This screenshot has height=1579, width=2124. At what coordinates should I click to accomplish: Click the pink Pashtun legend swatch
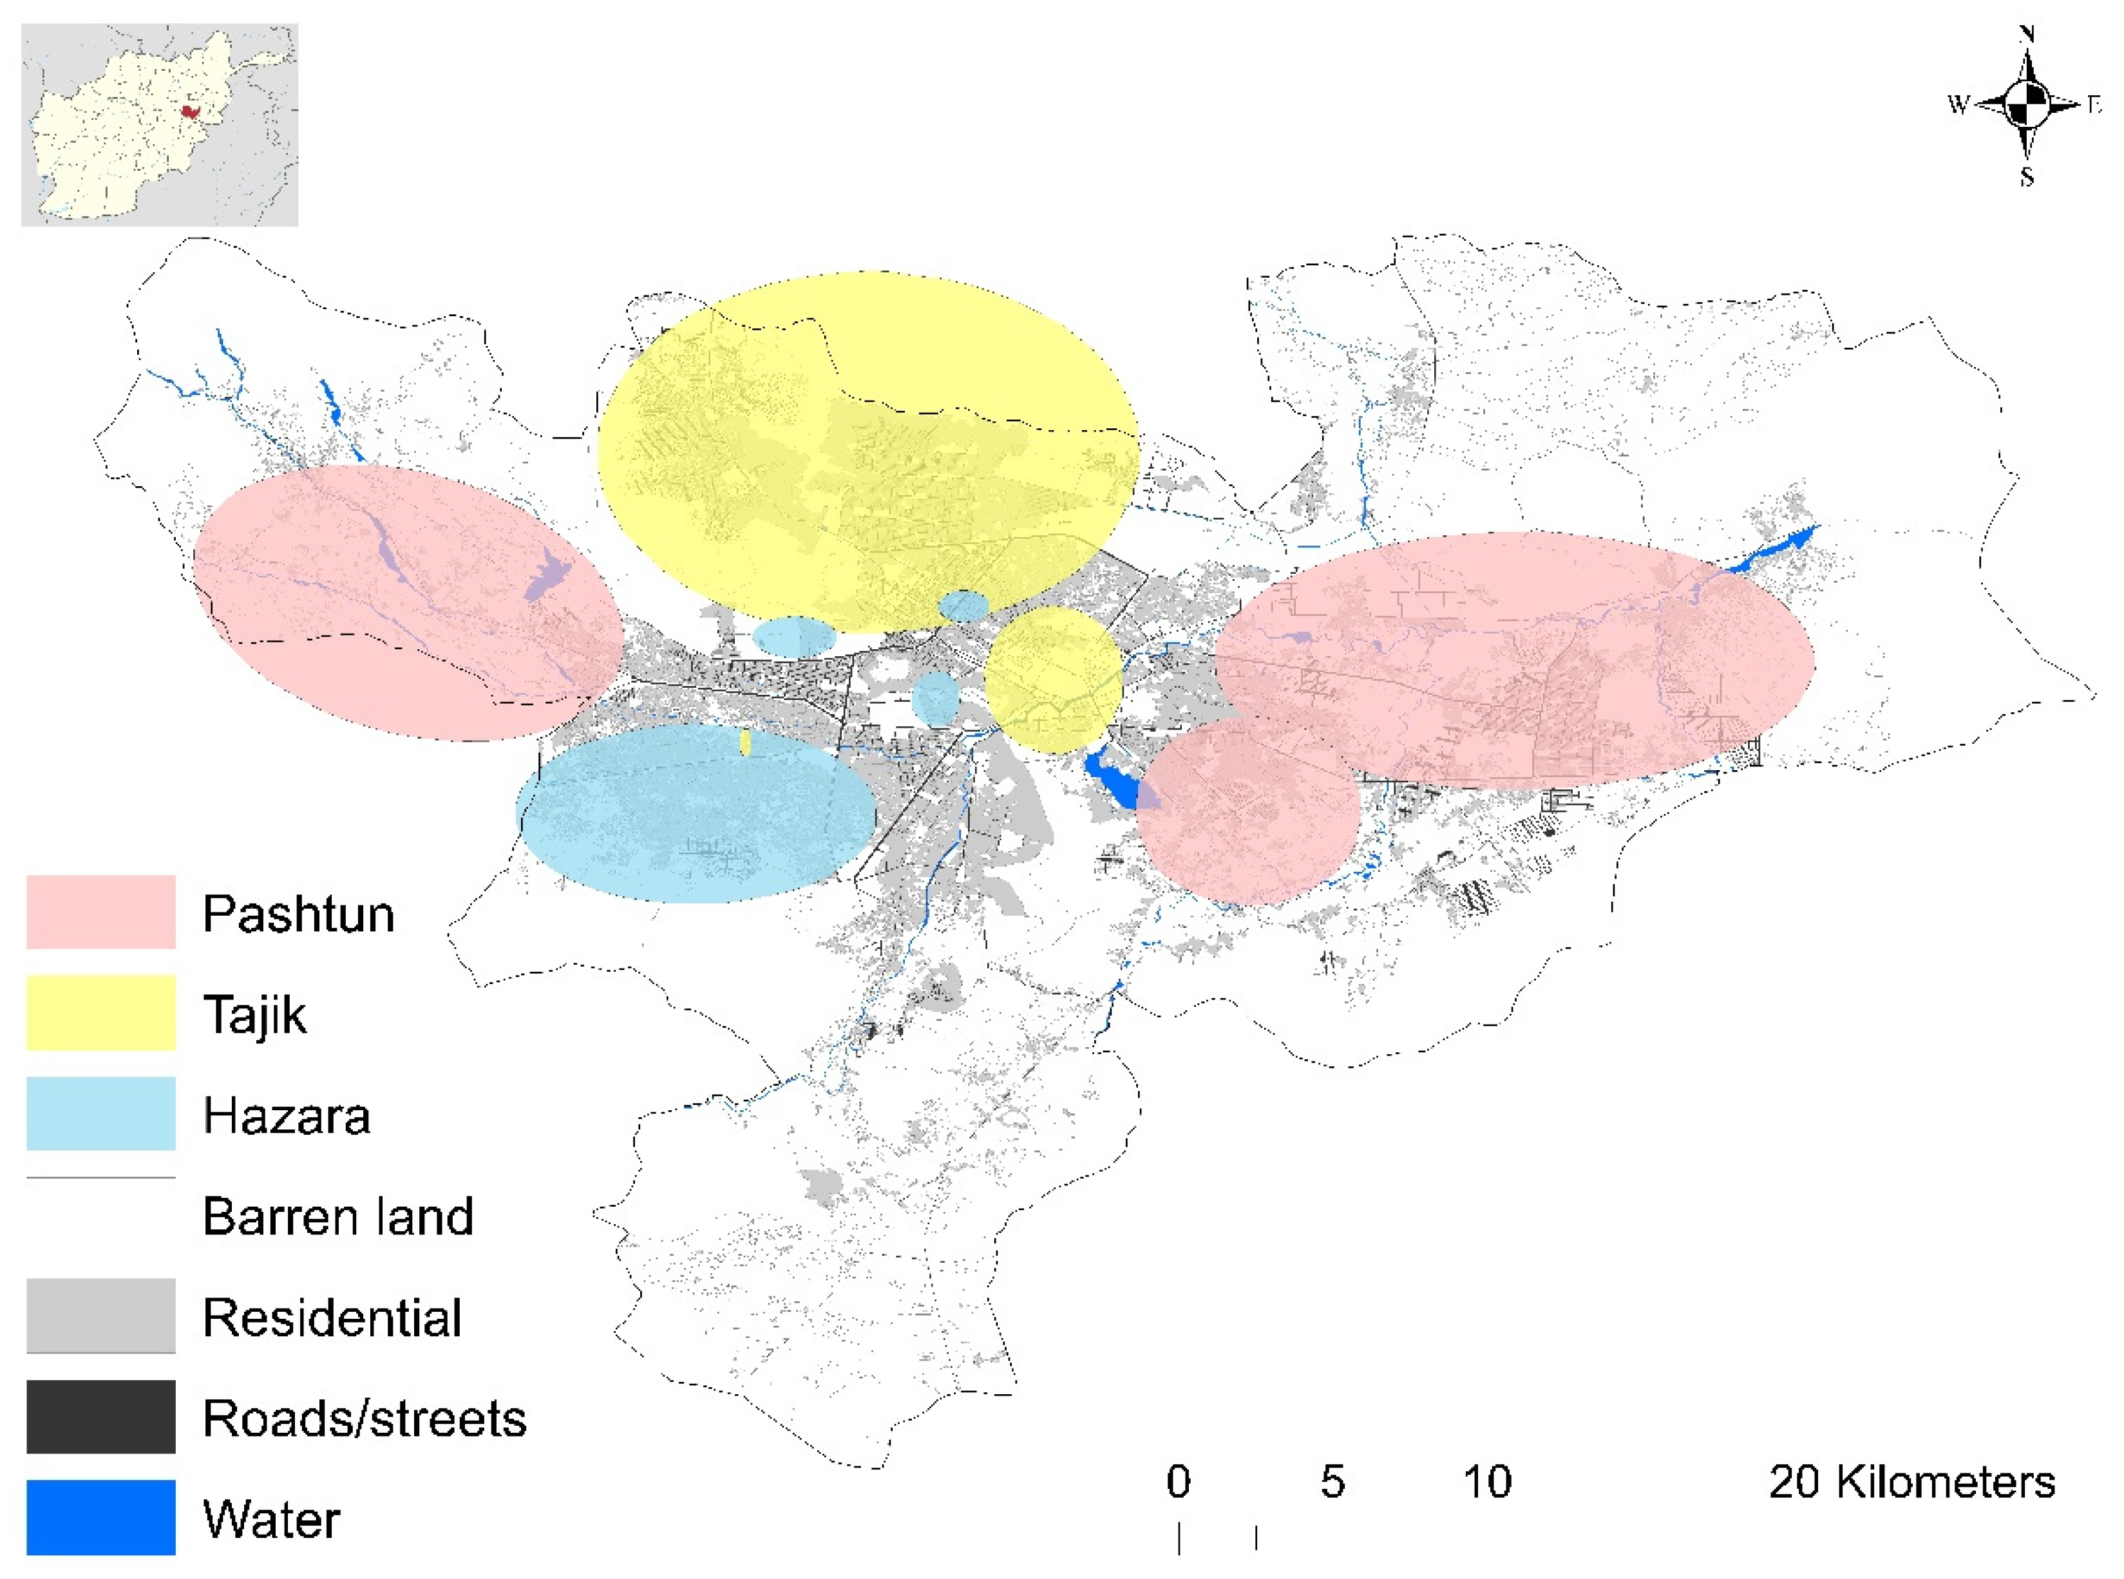(100, 912)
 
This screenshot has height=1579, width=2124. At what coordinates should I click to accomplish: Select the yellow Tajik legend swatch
(100, 1012)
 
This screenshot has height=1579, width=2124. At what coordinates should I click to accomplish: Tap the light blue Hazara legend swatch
(100, 1113)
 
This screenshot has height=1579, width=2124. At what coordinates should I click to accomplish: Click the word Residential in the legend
(332, 1317)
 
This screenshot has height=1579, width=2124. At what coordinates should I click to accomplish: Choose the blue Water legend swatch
(100, 1518)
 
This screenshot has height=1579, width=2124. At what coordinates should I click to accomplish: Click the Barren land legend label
(337, 1216)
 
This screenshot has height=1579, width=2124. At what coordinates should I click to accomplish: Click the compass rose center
(2027, 104)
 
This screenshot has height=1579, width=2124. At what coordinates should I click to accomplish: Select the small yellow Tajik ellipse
(1052, 679)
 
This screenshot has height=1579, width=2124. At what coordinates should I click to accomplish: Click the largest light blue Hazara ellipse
(696, 813)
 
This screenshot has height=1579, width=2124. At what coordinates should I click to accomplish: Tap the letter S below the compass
(2027, 177)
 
